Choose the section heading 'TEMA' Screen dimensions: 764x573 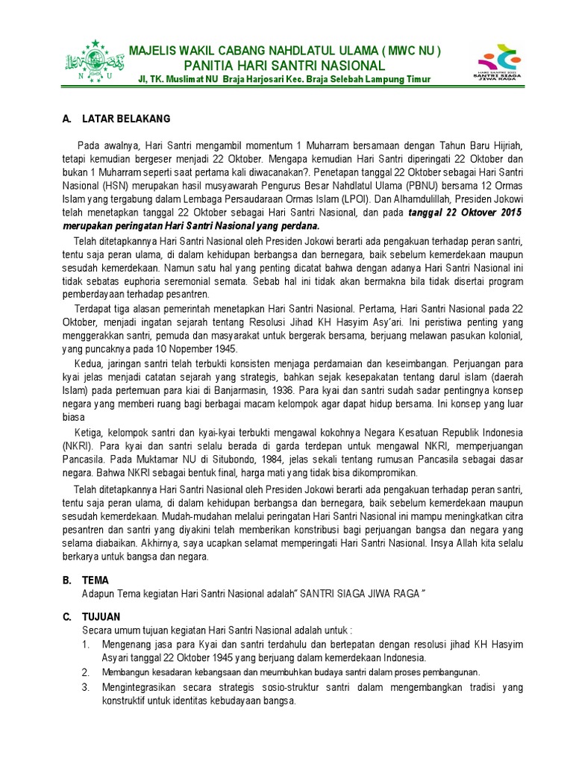pyautogui.click(x=95, y=580)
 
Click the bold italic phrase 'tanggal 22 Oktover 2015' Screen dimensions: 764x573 pyautogui.click(x=466, y=213)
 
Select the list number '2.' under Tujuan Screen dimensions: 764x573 pyautogui.click(x=86, y=672)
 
